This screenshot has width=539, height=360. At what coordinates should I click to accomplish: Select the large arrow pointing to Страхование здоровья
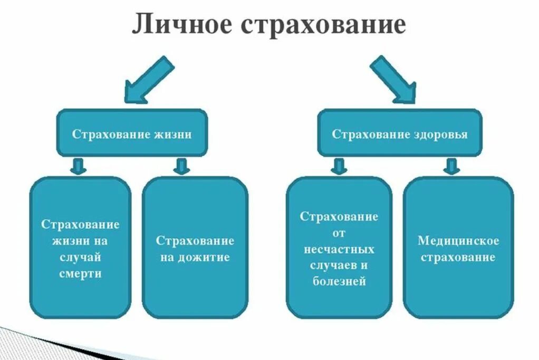[x=392, y=79]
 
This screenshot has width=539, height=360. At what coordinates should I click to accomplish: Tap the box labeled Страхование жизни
[x=132, y=134]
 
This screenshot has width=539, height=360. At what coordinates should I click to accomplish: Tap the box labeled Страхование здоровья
[x=399, y=134]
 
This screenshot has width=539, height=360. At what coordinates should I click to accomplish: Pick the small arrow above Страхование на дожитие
[x=181, y=166]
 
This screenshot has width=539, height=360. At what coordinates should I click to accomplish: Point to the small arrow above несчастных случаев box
[x=338, y=166]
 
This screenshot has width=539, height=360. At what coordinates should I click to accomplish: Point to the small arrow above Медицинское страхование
[x=451, y=166]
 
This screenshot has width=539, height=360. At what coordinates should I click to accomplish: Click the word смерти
[x=80, y=274]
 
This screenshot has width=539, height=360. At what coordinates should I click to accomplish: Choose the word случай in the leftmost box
[x=80, y=258]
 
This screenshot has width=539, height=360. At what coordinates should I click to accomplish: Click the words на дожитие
[x=195, y=258]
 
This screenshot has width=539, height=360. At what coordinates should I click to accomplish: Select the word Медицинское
[x=458, y=241]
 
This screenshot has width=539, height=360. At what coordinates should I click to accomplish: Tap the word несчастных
[x=339, y=249]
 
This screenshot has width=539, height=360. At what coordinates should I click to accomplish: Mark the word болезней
[x=339, y=282]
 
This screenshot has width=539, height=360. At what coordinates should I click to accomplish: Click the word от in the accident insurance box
[x=339, y=233]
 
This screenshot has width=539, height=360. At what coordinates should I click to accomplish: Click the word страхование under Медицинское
[x=458, y=258]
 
